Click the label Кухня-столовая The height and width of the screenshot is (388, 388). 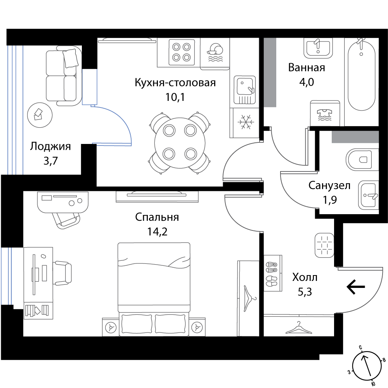175,83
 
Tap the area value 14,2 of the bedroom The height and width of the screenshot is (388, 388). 158,232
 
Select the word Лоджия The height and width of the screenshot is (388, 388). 50,147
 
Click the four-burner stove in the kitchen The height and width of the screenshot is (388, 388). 181,52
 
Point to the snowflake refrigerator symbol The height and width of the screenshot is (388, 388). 244,122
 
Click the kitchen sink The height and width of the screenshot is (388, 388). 244,90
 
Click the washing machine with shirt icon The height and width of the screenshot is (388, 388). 325,113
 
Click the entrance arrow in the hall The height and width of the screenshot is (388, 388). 356,287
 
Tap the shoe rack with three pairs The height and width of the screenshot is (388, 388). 272,273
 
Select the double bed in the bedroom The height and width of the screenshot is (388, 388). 154,289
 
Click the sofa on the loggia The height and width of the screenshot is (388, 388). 64,76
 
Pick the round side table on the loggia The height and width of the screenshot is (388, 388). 40,115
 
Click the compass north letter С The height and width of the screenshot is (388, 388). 361,348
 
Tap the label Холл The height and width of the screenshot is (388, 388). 305,277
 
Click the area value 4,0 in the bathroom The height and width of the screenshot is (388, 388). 307,82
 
